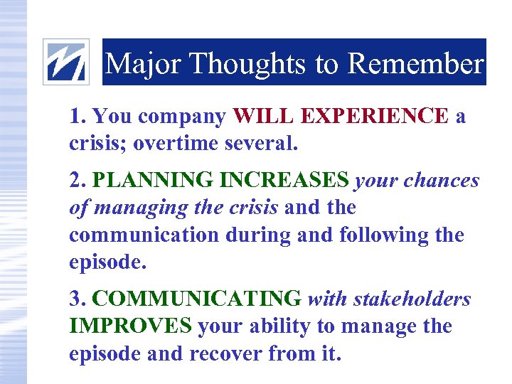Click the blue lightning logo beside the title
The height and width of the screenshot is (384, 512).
coord(66,62)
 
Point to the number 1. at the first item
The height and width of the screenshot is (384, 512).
coord(78,116)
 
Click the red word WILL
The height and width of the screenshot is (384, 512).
coord(263,116)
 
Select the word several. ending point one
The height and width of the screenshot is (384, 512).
coord(259,143)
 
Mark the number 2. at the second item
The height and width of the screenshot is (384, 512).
coord(78,181)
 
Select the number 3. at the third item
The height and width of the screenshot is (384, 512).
coord(78,299)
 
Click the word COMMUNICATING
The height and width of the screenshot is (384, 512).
coord(197,299)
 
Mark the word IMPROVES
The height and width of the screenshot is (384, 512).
coord(130,326)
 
